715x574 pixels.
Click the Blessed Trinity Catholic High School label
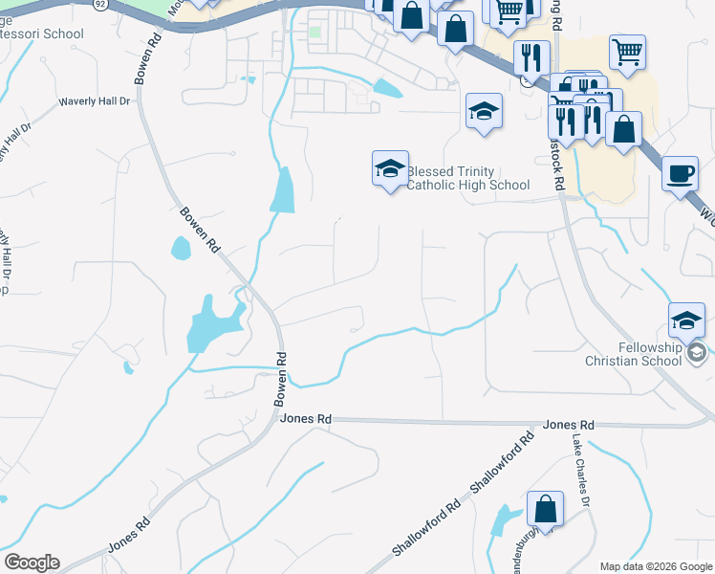[468, 178]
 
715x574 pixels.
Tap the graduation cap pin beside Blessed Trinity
[390, 169]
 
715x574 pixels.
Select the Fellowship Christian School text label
[635, 354]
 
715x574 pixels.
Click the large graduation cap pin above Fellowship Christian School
[687, 321]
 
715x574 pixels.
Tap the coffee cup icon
[680, 174]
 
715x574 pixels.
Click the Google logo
[32, 563]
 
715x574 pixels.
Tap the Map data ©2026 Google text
[655, 566]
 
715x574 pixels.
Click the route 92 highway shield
[99, 4]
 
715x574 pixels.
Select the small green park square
[314, 33]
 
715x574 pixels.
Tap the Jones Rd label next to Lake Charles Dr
[568, 425]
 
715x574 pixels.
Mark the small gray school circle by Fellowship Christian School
[697, 354]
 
